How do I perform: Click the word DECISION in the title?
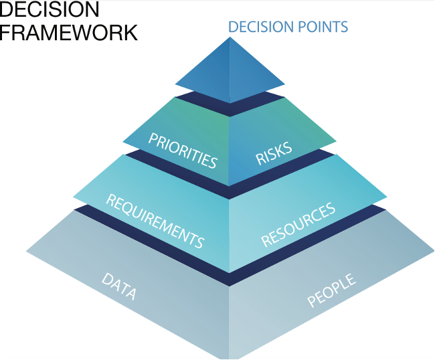coord(50,9)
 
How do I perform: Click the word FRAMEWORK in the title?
coord(69,31)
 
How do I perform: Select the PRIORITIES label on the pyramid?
coord(183,151)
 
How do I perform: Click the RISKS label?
coord(274,153)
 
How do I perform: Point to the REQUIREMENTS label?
coord(155,220)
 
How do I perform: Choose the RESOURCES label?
coord(298,225)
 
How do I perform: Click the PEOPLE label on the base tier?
coord(331,290)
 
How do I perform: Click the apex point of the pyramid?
coord(230,37)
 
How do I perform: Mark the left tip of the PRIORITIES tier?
coord(124,142)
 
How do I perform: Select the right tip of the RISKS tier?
coord(336,142)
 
